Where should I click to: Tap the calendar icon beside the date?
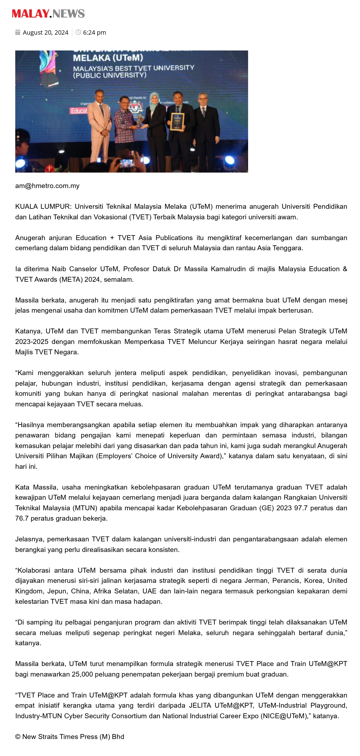click(x=18, y=32)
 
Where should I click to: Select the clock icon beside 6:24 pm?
click(x=78, y=32)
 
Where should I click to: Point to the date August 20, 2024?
click(x=45, y=32)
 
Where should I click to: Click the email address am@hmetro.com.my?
click(x=47, y=186)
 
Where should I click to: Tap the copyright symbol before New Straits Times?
click(x=18, y=737)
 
